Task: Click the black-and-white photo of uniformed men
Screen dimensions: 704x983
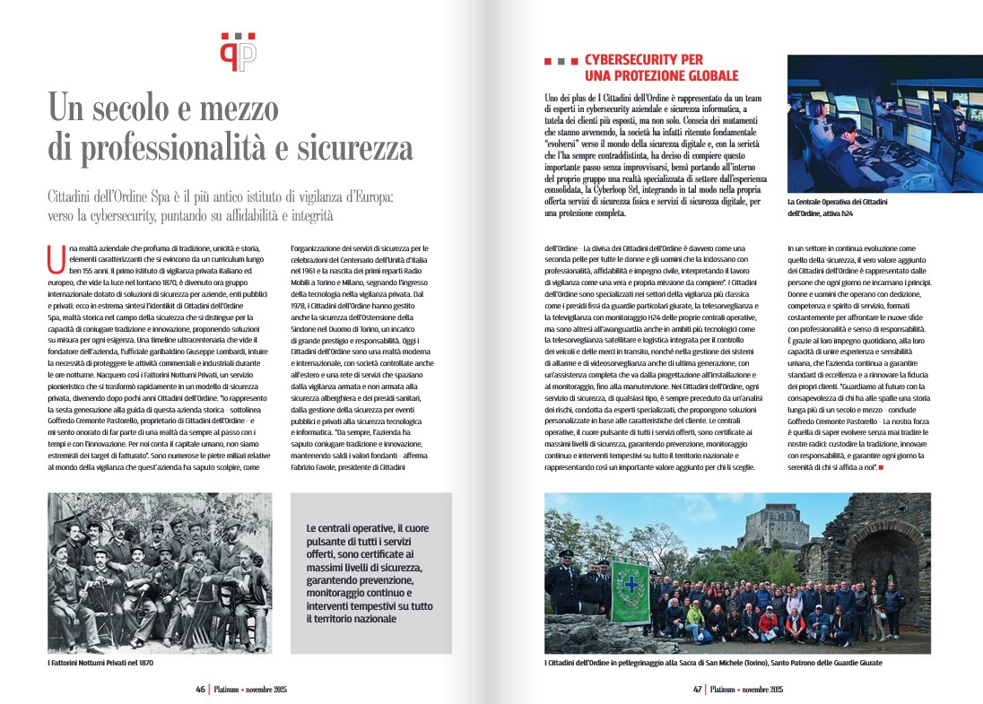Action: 159,572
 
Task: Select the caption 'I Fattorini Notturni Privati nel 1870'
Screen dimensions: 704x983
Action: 100,663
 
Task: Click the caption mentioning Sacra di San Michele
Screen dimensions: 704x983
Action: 707,663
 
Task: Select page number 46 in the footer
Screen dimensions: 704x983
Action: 202,690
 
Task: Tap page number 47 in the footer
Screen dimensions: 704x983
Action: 696,690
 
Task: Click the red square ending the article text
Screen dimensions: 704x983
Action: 883,468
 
